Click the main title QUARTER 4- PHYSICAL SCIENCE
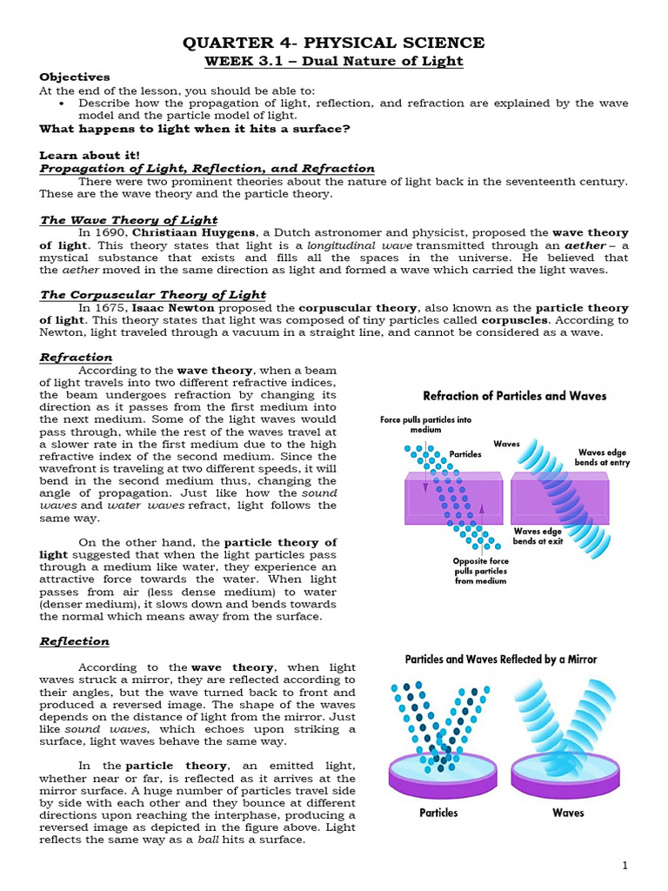333,43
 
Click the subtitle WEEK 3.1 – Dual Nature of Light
333,61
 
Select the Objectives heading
75,77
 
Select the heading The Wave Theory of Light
129,220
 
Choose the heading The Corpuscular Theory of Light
153,295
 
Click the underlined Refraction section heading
77,357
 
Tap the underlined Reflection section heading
75,641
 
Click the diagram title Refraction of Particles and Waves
514,396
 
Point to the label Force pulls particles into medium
425,425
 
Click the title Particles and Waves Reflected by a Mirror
502,659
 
